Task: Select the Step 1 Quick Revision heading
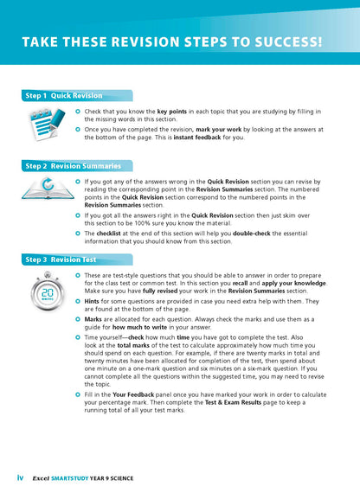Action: pyautogui.click(x=63, y=95)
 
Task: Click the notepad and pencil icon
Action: pyautogui.click(x=42, y=122)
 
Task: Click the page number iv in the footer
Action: pyautogui.click(x=20, y=477)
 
